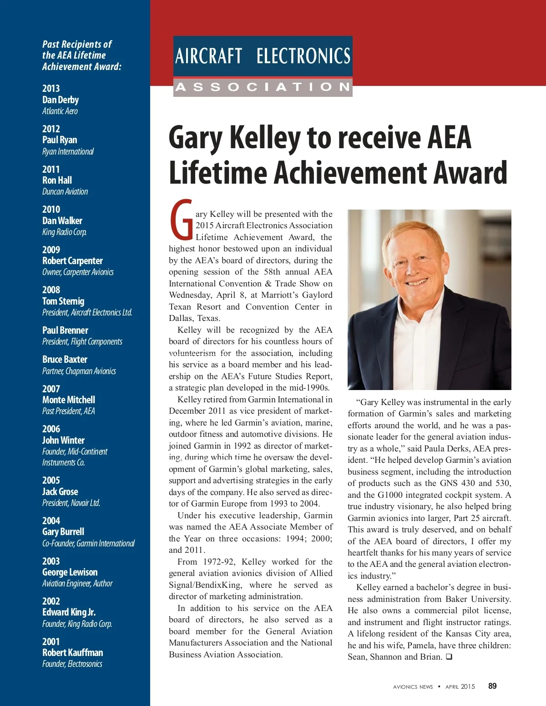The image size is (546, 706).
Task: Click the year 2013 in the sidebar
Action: point(51,88)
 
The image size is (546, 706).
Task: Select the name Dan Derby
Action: point(61,100)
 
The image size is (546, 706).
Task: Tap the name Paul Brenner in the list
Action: point(65,330)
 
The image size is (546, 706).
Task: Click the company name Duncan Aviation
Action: point(65,192)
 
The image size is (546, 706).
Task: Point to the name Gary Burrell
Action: point(63,532)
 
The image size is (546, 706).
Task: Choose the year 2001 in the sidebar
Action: point(51,641)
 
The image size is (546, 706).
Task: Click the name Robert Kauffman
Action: point(73,653)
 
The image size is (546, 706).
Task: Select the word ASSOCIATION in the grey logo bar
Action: point(263,87)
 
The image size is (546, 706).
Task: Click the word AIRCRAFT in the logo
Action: point(209,56)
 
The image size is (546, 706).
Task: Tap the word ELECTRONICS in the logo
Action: point(303,56)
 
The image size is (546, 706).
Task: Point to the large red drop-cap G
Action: point(182,220)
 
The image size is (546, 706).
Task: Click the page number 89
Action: point(492,686)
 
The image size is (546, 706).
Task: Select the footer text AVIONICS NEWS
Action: point(413,687)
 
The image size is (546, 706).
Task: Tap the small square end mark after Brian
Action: point(449,657)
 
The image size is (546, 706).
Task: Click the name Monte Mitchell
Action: point(69,400)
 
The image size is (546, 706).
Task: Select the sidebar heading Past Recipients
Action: point(77,45)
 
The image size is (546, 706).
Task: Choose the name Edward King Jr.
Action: point(69,612)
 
